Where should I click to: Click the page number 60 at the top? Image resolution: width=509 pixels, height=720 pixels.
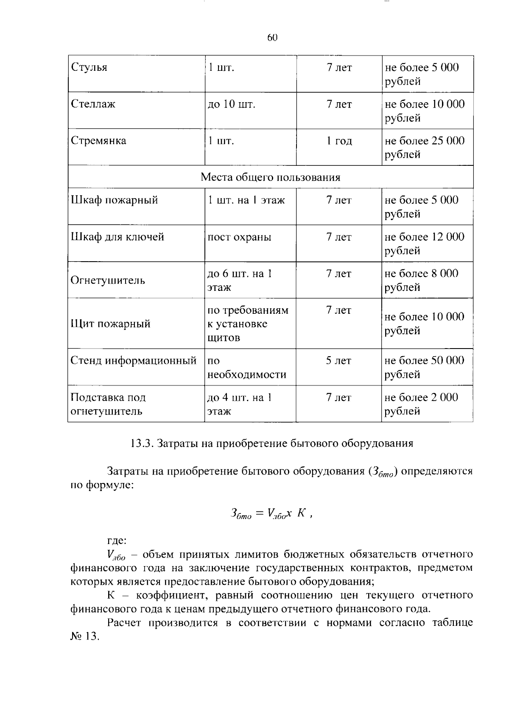click(x=272, y=38)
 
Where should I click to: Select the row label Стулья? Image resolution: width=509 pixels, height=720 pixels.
click(x=89, y=67)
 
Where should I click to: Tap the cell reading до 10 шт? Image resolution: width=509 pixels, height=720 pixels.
click(x=231, y=104)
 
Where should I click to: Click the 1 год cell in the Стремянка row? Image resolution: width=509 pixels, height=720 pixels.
click(x=339, y=141)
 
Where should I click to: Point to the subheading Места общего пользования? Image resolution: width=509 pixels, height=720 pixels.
click(x=270, y=177)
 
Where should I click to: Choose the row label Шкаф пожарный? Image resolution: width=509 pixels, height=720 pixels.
click(x=114, y=200)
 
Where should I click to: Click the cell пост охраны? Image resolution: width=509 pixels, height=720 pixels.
click(x=239, y=237)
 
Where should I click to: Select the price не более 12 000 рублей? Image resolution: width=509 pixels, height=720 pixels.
click(x=424, y=243)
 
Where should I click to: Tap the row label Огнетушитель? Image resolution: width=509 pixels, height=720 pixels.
click(x=108, y=280)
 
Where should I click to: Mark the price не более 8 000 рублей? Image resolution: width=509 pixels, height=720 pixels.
click(x=421, y=280)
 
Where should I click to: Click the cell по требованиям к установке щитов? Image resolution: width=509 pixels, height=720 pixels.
click(x=247, y=324)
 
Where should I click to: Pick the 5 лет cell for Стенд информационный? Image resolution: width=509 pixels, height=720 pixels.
click(x=338, y=361)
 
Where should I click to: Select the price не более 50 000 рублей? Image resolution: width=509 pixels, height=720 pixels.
click(x=424, y=367)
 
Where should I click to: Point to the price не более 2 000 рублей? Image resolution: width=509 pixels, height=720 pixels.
click(x=421, y=404)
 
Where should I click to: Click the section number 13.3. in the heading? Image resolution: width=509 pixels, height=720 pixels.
click(x=141, y=444)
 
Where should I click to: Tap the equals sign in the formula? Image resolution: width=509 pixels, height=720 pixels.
click(x=259, y=513)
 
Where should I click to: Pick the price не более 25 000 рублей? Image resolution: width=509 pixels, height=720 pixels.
click(x=424, y=147)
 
